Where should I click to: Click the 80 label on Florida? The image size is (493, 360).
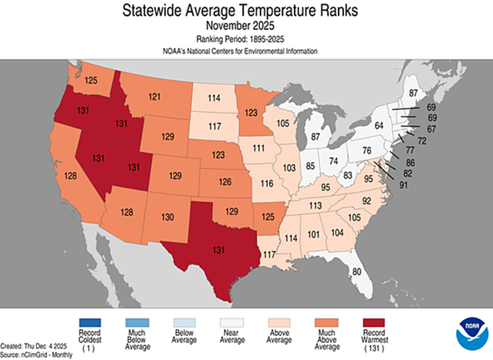click(356, 271)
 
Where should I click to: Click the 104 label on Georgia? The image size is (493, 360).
click(336, 232)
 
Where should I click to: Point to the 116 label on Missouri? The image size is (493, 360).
click(268, 185)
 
